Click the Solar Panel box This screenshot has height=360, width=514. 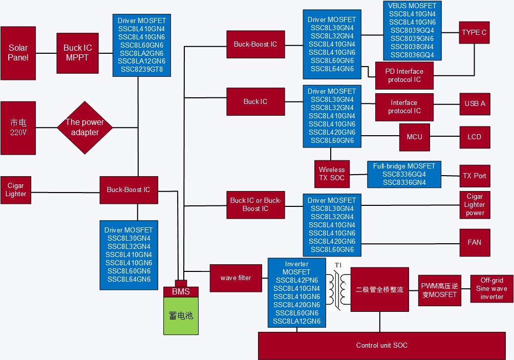[x=18, y=53]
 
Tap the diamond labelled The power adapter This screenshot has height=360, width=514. [x=84, y=128]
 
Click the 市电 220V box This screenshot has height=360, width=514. [x=18, y=128]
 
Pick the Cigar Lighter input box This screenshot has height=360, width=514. [x=16, y=190]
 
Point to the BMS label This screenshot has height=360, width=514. [x=181, y=292]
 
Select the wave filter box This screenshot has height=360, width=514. [x=236, y=278]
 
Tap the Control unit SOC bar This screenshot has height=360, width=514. [x=381, y=346]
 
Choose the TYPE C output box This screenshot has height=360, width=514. [x=474, y=32]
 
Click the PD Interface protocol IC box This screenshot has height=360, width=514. [x=404, y=76]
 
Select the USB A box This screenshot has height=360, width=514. [x=475, y=103]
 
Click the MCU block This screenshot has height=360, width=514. [x=415, y=137]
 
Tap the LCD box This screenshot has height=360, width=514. [x=475, y=137]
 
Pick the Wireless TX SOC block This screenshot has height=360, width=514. [x=332, y=174]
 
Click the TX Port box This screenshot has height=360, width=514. [x=475, y=176]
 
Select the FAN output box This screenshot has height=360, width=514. [x=475, y=242]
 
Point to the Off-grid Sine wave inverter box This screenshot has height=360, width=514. [x=492, y=288]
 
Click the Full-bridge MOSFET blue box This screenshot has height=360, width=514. [x=404, y=174]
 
